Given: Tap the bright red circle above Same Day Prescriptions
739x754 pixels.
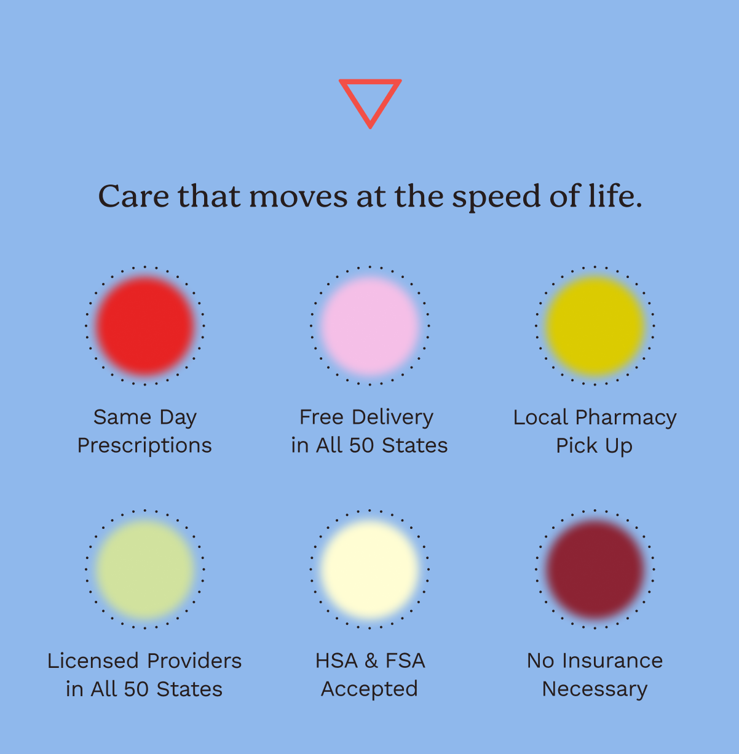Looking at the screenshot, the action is click(x=144, y=325).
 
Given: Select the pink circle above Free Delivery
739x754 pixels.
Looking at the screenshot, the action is click(x=369, y=325).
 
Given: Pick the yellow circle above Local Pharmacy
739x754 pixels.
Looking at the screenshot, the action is click(x=595, y=325).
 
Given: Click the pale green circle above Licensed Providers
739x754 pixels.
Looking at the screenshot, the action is click(x=144, y=569).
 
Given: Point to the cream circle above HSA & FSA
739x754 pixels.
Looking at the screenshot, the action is click(x=369, y=569).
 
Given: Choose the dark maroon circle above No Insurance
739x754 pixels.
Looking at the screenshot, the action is click(x=595, y=569).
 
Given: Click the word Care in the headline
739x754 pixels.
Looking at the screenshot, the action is click(x=133, y=196).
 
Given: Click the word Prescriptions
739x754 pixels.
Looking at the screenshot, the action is click(x=144, y=446).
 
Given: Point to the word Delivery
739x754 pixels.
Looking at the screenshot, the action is click(x=392, y=418).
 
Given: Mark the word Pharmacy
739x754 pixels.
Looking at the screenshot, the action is click(x=625, y=418).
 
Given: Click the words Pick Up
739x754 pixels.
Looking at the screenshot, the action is click(x=595, y=446).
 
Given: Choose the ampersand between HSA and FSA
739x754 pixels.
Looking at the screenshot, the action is click(x=371, y=661).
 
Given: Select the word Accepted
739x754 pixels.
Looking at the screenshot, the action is click(x=369, y=689).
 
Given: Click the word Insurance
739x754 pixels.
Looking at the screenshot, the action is click(x=612, y=661).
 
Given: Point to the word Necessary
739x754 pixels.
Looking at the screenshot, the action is click(x=595, y=689).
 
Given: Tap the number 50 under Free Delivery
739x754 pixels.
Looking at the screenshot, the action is click(x=362, y=446).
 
